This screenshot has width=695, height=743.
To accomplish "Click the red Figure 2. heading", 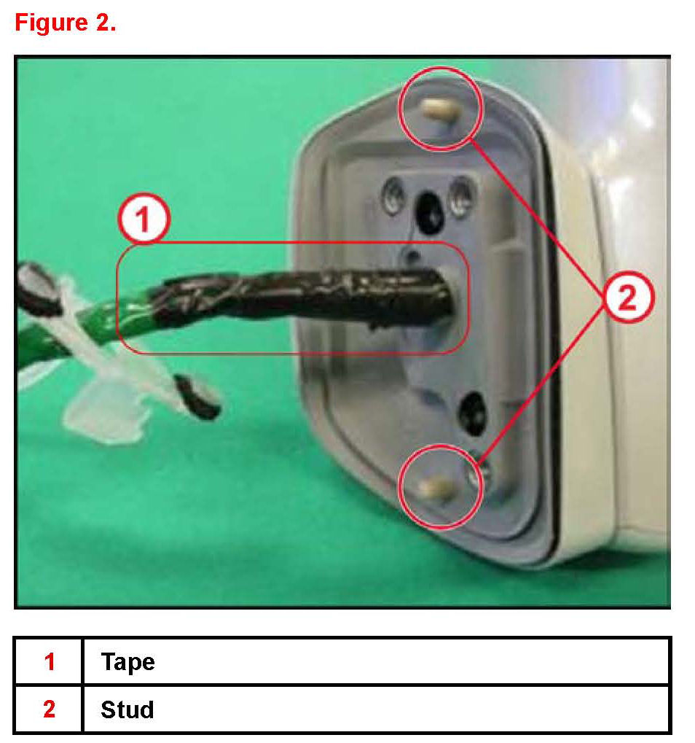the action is tap(66, 23).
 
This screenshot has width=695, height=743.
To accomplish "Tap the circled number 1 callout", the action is tap(144, 219).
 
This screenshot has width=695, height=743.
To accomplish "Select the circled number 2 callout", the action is tap(628, 297).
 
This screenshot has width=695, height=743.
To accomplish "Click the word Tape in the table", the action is tap(127, 661).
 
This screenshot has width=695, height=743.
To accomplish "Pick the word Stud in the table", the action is tap(127, 709).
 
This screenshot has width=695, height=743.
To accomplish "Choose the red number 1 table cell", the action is tap(50, 661).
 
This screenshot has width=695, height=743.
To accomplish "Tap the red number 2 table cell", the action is tap(50, 709).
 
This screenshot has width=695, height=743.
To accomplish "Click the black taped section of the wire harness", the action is tap(303, 297).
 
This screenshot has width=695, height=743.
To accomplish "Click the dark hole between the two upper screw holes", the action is tap(429, 211).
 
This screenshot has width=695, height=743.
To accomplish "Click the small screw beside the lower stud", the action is tap(480, 473).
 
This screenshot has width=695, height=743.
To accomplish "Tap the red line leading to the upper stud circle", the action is tap(537, 213).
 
